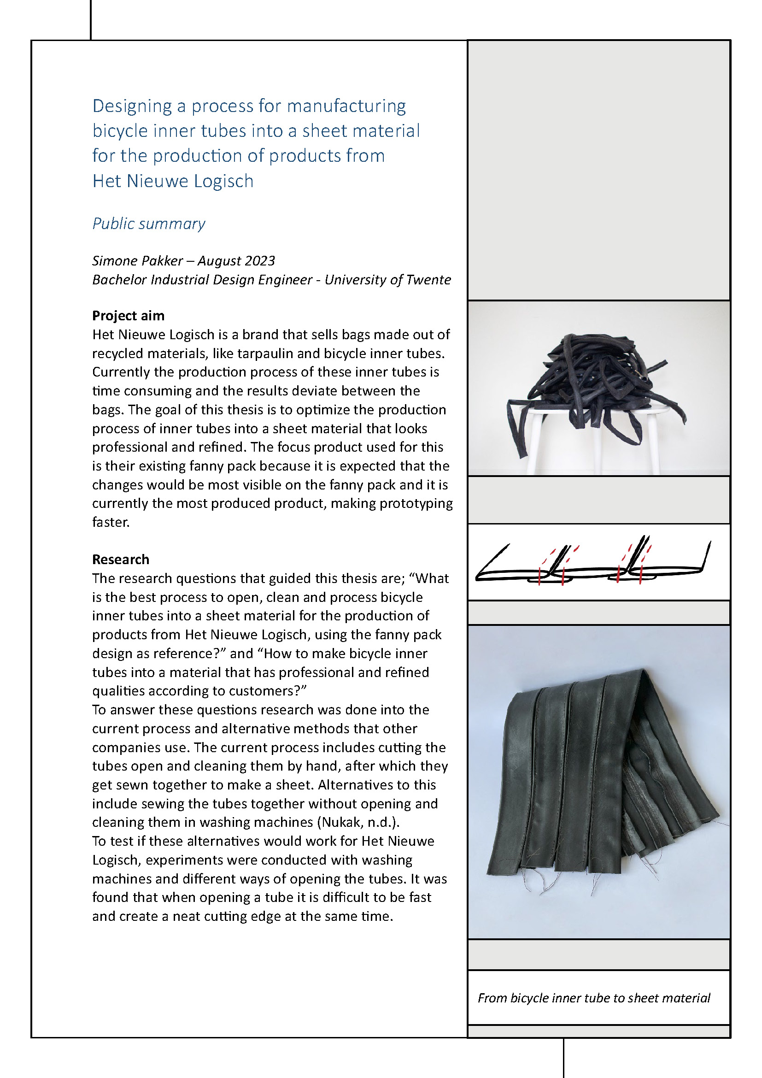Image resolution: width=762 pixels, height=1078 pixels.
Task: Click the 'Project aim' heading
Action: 128,316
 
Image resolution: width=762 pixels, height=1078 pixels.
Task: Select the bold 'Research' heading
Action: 121,559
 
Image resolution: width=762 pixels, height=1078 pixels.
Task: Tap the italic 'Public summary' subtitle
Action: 149,224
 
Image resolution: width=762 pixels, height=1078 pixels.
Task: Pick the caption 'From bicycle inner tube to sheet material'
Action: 593,998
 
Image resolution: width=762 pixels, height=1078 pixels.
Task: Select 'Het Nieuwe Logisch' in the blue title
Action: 173,181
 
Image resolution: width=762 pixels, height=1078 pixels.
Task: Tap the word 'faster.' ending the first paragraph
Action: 111,522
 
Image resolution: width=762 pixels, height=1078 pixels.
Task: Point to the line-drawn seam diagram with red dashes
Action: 593,562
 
